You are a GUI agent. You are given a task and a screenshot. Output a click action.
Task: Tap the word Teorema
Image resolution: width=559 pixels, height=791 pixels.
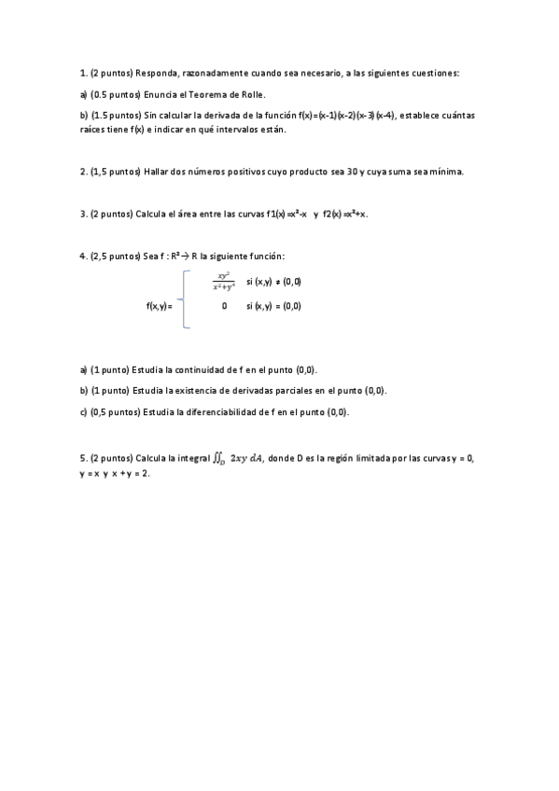click(217, 94)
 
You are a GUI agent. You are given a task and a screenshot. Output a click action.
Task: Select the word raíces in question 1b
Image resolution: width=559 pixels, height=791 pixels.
click(94, 130)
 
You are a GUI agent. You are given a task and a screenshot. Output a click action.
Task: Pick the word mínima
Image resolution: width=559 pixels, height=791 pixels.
click(444, 172)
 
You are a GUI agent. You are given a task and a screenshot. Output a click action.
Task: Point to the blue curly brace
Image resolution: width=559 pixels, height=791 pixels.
click(187, 299)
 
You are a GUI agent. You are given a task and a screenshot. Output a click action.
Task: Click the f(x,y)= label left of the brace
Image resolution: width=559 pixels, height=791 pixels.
click(160, 306)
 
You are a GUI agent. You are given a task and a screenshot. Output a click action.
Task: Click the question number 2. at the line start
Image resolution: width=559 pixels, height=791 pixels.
click(84, 172)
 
